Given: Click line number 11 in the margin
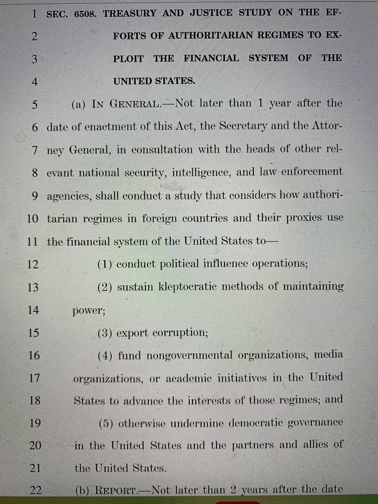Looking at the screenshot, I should (34, 241).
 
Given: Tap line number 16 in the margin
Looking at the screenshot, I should (34, 356).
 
